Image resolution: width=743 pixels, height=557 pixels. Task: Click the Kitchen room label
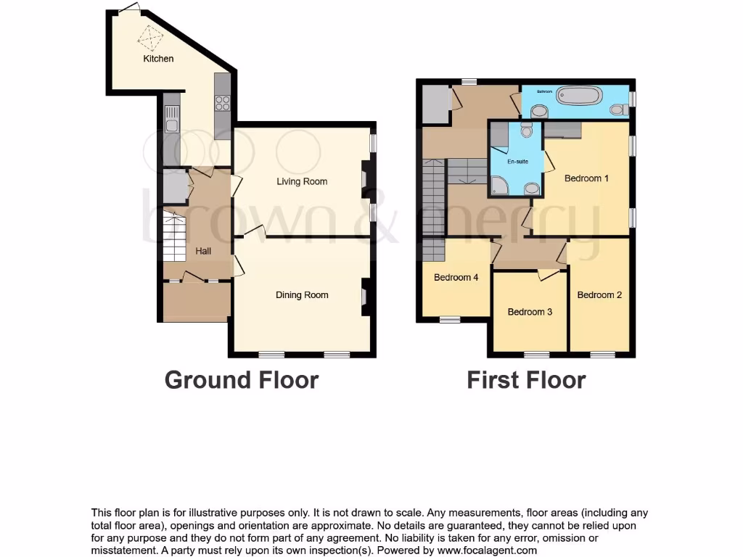pos(158,58)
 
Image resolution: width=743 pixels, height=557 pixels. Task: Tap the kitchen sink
pos(171,119)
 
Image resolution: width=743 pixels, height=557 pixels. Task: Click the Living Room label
pos(302,181)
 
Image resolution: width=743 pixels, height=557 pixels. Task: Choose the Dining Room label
pos(302,294)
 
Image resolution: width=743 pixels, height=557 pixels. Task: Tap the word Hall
pos(203,251)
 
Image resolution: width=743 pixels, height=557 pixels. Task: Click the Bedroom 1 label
pos(586,178)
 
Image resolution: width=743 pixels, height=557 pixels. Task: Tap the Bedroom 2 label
pos(599,294)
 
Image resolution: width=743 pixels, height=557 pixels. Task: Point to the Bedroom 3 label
pos(530,312)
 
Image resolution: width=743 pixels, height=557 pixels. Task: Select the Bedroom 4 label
pos(456,277)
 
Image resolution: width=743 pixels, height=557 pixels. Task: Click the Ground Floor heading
pos(242,379)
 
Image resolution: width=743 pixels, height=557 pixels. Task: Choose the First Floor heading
pos(526,379)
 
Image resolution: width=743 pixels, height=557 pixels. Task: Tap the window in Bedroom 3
pos(537,355)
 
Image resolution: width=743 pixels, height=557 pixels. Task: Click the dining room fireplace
pos(364,297)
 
